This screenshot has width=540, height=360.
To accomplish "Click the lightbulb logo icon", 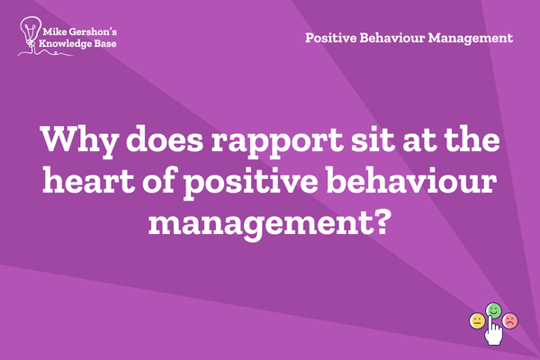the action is point(31,34).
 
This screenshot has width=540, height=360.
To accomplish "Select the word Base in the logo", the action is point(104,43).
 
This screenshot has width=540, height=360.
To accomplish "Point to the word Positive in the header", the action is point(331,38).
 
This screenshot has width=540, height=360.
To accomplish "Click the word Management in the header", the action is point(471,39).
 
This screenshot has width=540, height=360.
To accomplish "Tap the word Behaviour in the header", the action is point(392,38).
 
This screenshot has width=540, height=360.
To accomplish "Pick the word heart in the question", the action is point(88,180).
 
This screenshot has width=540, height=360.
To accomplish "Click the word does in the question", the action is point(165,139).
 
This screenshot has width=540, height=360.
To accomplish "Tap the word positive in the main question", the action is point(250,183).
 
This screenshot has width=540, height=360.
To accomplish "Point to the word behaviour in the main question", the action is point(411,180).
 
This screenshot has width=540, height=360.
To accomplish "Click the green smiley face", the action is point(493,310).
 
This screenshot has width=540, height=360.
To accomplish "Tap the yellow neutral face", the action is point(477,321).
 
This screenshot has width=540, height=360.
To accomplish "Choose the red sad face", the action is point(510,320).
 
